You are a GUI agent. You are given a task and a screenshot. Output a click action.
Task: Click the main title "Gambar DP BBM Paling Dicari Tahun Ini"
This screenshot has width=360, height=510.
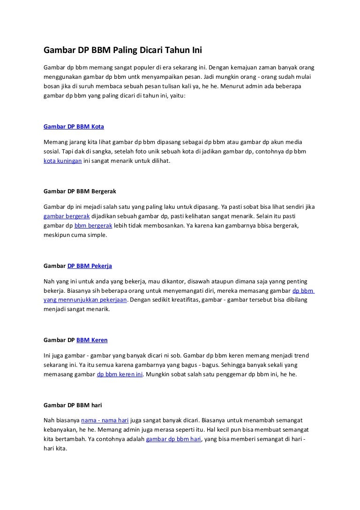click(122, 50)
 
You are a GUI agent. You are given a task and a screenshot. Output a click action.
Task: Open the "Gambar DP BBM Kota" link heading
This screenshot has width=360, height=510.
click(74, 127)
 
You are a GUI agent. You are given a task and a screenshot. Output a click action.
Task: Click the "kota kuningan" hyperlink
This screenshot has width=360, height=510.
click(63, 160)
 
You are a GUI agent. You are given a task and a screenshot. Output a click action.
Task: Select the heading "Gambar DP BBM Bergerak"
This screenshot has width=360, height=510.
click(80, 191)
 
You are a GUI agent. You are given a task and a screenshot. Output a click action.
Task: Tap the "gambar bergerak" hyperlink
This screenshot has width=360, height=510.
click(67, 216)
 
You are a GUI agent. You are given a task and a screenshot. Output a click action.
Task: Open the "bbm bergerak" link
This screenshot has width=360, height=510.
click(93, 225)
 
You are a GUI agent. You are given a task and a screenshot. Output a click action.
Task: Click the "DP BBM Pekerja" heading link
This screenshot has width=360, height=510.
click(90, 266)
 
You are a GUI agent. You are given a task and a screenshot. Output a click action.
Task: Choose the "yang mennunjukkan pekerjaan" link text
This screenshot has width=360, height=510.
click(85, 299)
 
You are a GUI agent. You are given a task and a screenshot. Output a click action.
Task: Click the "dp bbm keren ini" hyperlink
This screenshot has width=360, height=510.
click(120, 374)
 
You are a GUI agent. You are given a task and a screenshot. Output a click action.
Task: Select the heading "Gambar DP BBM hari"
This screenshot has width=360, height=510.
click(73, 404)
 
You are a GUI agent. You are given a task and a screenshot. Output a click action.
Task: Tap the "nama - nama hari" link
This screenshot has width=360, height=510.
click(105, 420)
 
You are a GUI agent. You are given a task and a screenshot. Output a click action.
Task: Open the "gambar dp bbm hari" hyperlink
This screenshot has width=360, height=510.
click(173, 439)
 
